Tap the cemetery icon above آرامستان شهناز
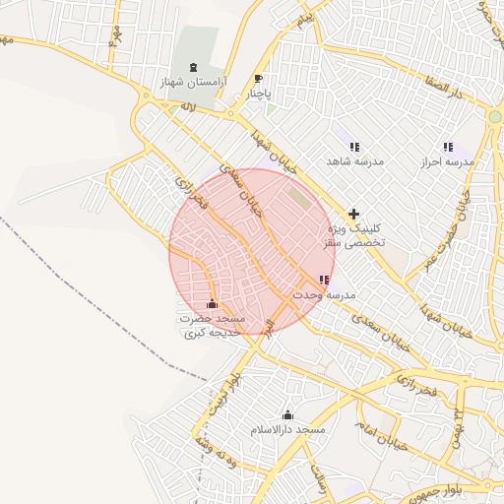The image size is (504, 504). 192,66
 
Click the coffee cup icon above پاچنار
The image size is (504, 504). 259,79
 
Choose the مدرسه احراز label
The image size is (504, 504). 448,160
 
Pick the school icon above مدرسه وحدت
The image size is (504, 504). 325,281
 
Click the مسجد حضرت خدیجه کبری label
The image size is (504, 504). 212,327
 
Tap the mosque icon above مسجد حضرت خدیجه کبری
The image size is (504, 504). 213,303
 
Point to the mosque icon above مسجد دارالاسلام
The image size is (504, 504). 287,415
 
